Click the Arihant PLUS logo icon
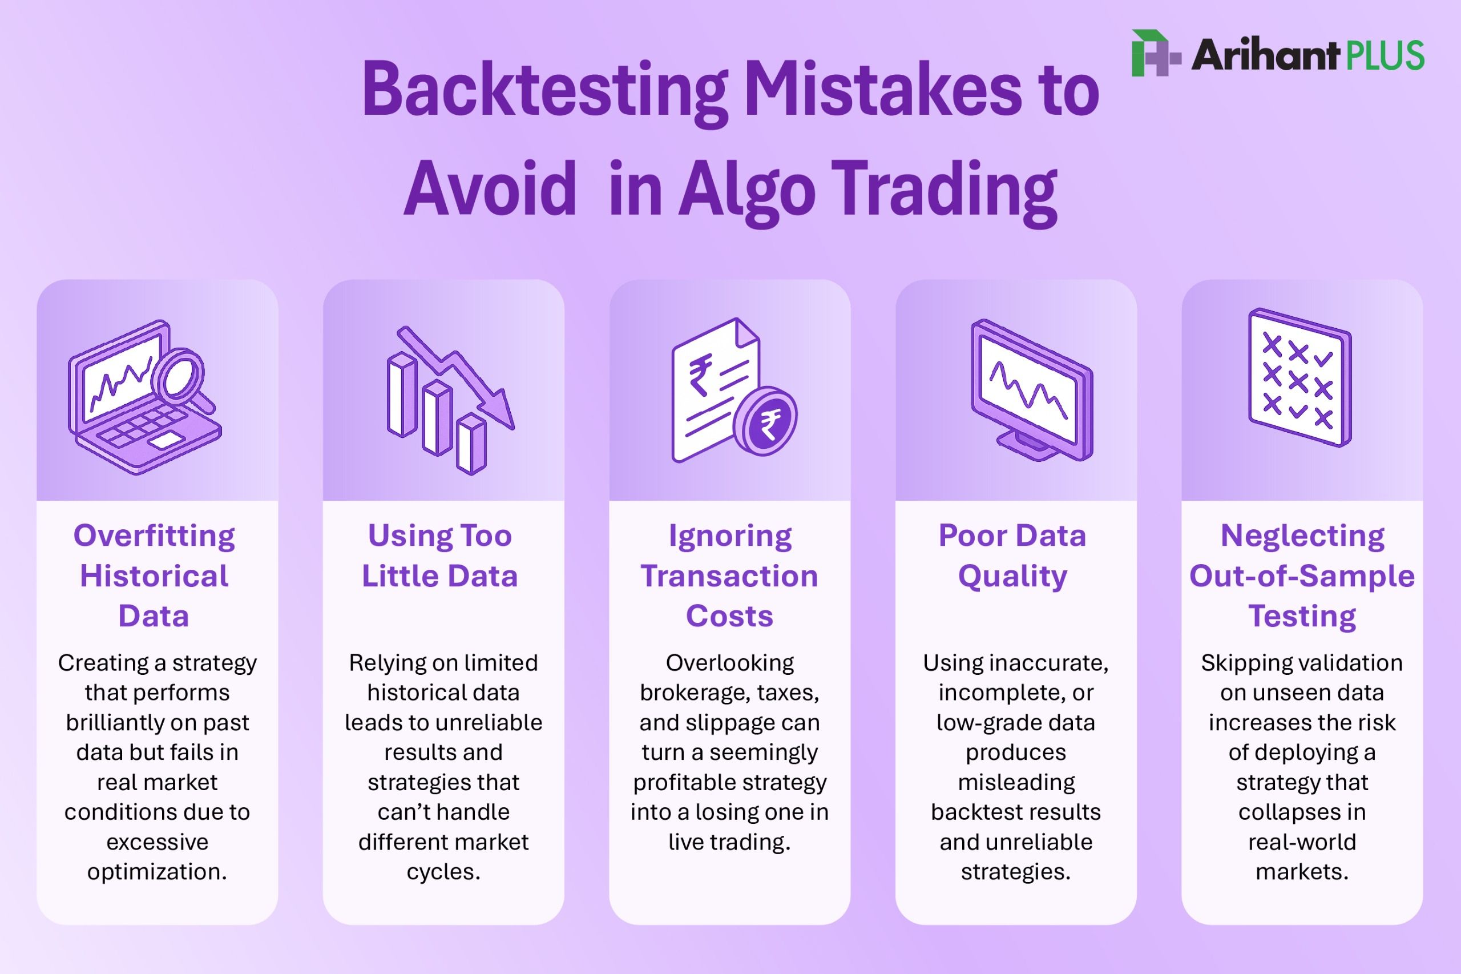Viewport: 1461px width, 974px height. (1156, 54)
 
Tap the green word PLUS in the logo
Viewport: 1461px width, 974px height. (1385, 55)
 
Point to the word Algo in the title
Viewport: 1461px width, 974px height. (746, 189)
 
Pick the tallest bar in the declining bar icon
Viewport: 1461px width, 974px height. (402, 395)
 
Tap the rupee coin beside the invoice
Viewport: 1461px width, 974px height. (765, 421)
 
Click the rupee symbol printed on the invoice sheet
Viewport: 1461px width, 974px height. (701, 375)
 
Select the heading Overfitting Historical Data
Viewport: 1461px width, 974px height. (155, 575)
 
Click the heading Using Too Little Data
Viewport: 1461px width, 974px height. (440, 556)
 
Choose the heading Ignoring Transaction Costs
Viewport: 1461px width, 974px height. (729, 575)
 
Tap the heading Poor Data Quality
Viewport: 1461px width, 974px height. (1012, 556)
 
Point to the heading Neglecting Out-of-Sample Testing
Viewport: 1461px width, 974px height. (1302, 575)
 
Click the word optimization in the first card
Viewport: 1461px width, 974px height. (157, 871)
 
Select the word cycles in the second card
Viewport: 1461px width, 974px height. (443, 871)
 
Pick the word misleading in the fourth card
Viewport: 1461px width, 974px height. (1016, 782)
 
